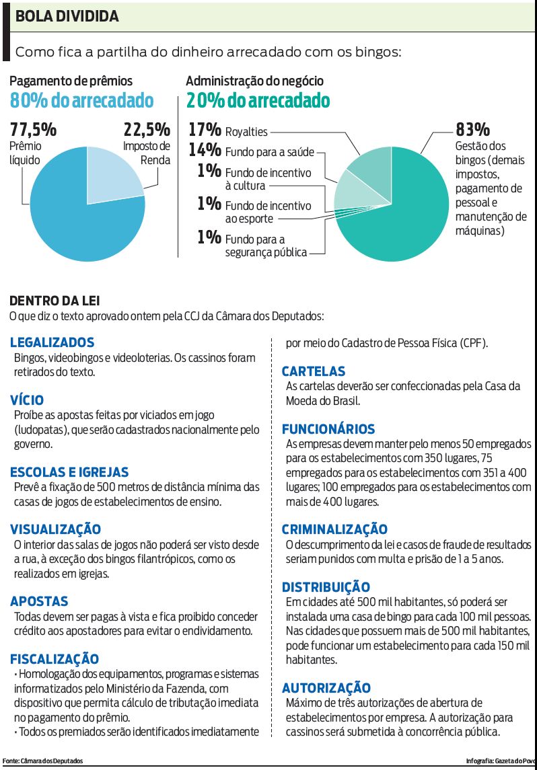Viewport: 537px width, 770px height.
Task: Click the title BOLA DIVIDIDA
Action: point(67,17)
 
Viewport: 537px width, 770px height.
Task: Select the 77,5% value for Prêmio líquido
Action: point(33,130)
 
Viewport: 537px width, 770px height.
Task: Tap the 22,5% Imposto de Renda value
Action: point(146,130)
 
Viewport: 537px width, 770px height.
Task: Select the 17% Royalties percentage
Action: point(204,130)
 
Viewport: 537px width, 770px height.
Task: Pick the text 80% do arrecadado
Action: point(81,101)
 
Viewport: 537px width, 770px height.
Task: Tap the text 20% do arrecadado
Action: point(258,101)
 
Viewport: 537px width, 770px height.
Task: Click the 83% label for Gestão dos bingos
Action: point(472,129)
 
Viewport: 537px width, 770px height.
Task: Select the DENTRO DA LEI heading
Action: point(55,301)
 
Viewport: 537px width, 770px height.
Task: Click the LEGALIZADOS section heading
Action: point(52,342)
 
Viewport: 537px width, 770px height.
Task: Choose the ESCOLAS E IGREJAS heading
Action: point(69,472)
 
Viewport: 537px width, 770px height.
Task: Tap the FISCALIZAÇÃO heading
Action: point(55,658)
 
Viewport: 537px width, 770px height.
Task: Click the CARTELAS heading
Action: point(313,371)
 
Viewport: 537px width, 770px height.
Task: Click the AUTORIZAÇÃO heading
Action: point(326,687)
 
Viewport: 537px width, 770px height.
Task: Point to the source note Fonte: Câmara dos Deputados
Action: point(43,761)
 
